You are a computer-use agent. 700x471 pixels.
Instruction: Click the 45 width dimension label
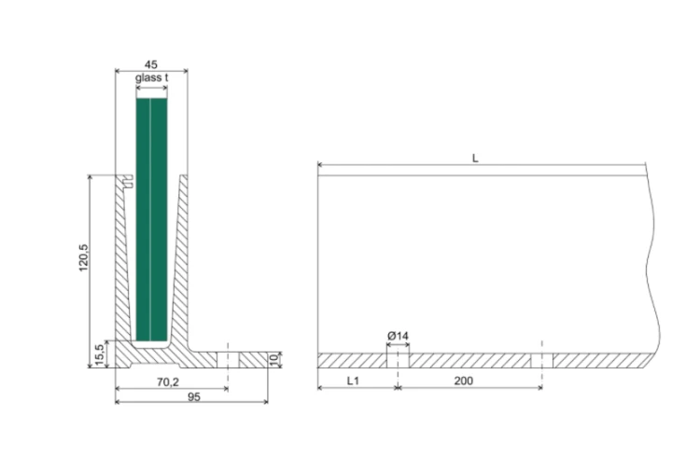click(151, 64)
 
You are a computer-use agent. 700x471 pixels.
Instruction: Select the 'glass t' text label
click(152, 77)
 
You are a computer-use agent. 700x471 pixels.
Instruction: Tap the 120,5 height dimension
click(83, 257)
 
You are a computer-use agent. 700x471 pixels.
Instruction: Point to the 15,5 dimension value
click(100, 354)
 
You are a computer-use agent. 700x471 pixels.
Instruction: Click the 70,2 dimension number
click(167, 382)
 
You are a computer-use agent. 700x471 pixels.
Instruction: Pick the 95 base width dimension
click(194, 396)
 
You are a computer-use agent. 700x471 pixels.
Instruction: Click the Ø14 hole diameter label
click(398, 336)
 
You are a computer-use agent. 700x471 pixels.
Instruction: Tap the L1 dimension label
click(353, 381)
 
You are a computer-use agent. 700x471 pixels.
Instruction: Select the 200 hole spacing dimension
click(463, 381)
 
